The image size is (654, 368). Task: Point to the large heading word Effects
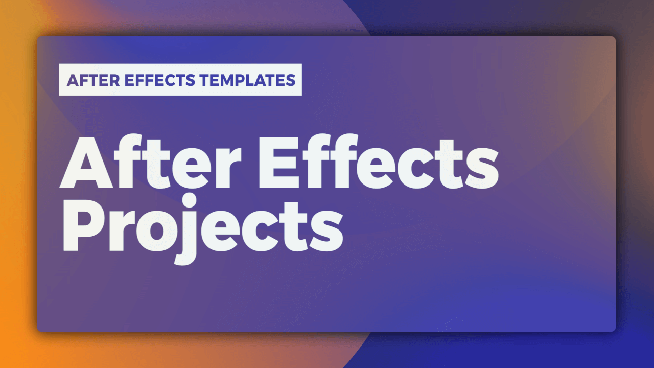[379, 163]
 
